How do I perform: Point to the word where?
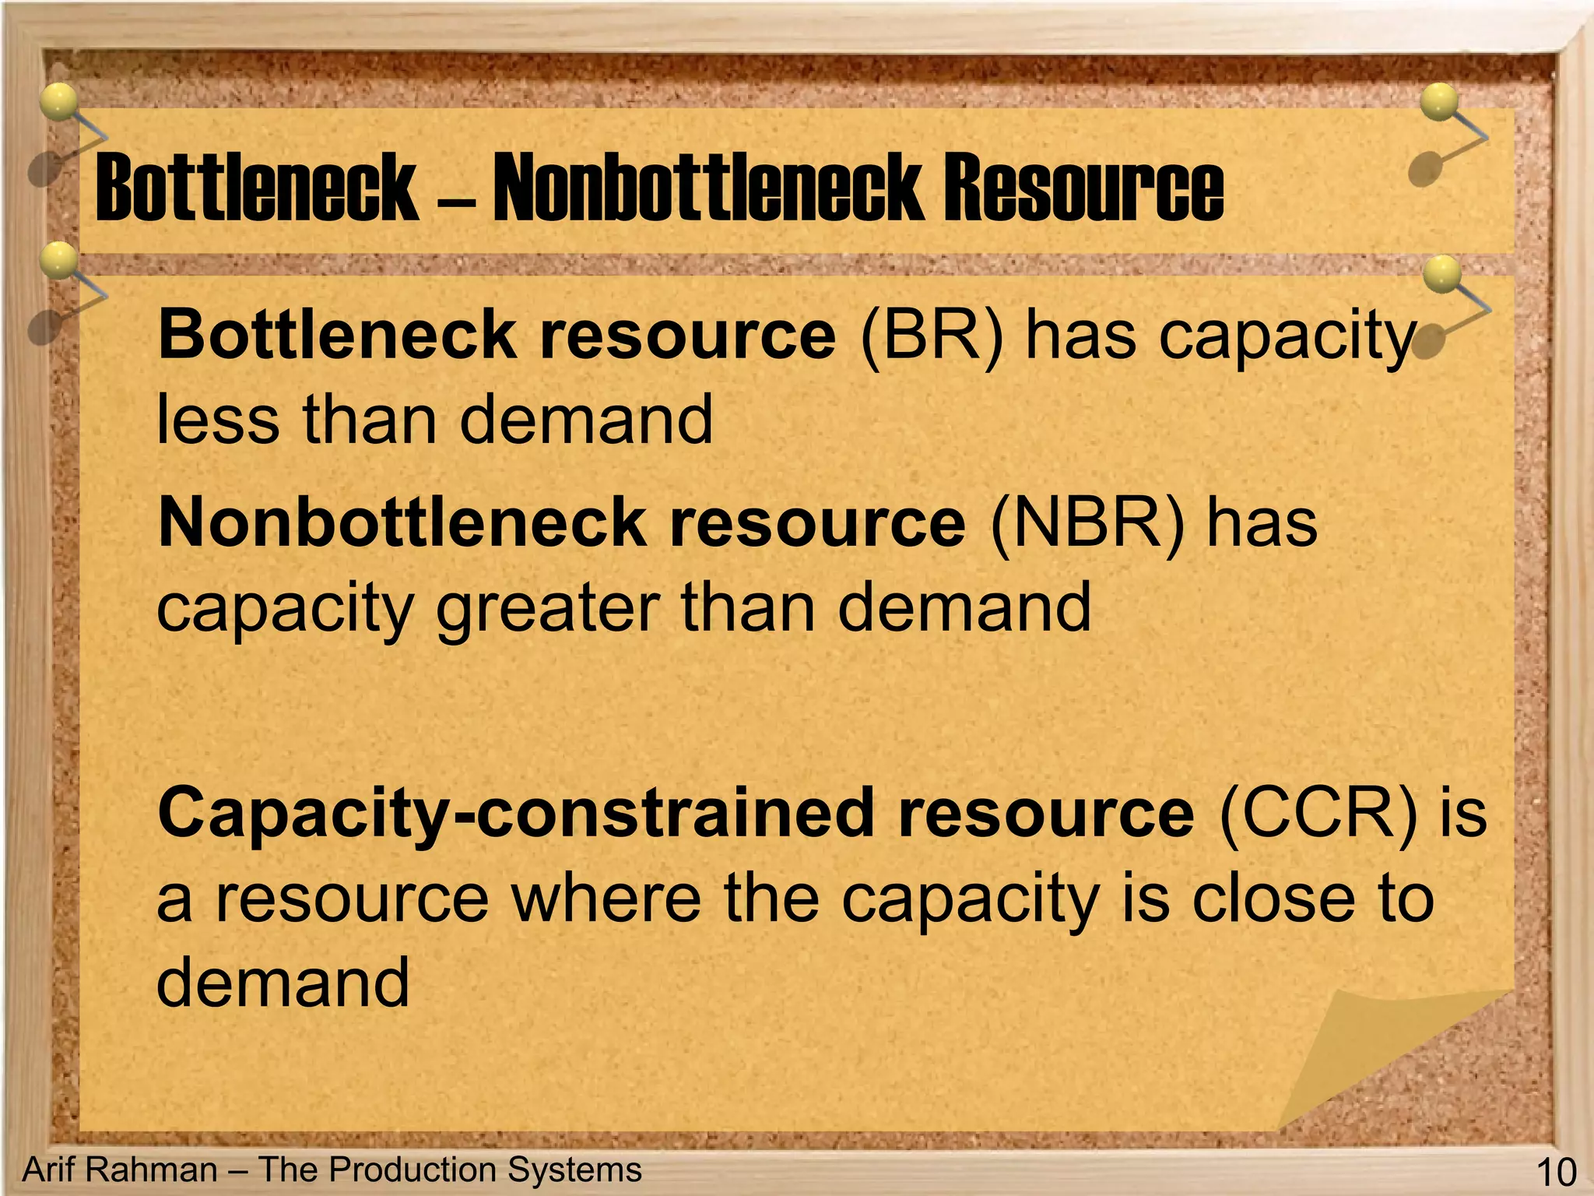[606, 899]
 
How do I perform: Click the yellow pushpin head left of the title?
[58, 102]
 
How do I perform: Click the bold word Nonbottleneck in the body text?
[402, 523]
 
